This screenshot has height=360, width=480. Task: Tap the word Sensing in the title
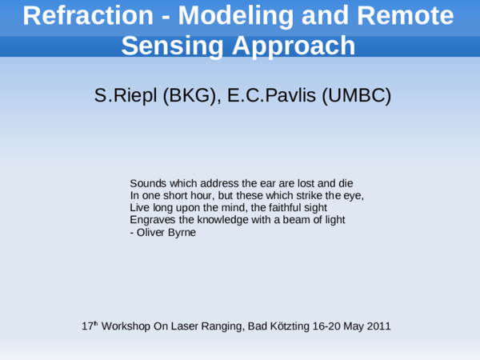[170, 46]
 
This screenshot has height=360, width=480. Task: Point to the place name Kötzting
[295, 326]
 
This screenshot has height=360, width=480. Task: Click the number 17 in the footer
[86, 326]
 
